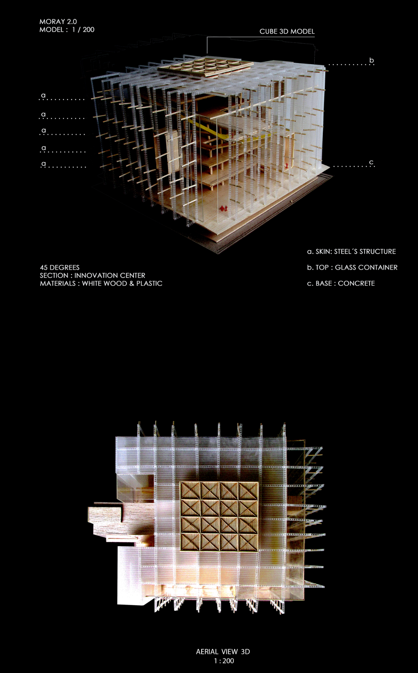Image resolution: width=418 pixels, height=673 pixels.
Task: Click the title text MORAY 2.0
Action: (58, 22)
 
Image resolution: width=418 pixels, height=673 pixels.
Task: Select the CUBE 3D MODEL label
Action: (287, 31)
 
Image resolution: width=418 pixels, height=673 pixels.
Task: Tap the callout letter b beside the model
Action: (372, 60)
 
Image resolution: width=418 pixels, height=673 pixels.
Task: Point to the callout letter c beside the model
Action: (372, 162)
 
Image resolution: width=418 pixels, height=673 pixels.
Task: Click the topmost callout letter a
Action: (43, 96)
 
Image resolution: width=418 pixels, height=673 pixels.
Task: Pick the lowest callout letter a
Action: (44, 164)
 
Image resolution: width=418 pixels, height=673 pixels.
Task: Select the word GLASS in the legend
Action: (346, 267)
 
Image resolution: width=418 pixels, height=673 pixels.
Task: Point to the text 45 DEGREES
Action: (60, 267)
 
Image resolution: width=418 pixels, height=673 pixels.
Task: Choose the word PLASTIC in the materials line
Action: (149, 283)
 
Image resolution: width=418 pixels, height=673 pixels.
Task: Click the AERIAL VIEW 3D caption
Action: (223, 651)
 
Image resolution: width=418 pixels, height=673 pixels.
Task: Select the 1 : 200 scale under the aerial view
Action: (224, 661)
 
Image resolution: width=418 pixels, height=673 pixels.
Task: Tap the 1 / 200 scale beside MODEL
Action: (83, 30)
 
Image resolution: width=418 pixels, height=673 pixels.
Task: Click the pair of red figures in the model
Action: (224, 208)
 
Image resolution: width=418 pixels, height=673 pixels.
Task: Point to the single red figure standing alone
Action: (286, 165)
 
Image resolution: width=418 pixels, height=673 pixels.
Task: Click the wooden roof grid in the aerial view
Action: (219, 516)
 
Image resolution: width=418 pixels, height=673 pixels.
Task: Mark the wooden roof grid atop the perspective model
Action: (205, 66)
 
